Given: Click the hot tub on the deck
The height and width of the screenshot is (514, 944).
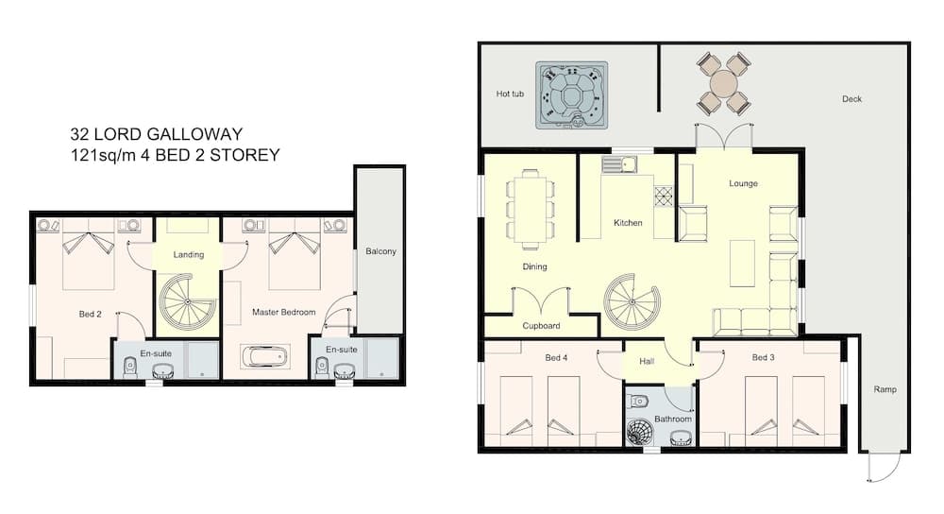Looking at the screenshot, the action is pyautogui.click(x=571, y=95).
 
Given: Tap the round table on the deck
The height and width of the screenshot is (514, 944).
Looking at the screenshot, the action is pyautogui.click(x=723, y=84).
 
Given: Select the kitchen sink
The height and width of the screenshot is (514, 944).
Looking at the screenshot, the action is pyautogui.click(x=619, y=164).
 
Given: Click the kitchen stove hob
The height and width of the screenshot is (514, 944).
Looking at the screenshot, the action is pyautogui.click(x=664, y=197).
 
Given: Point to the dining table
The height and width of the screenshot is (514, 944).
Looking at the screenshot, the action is pyautogui.click(x=530, y=208).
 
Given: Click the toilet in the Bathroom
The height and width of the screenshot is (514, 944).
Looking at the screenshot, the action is pyautogui.click(x=638, y=400).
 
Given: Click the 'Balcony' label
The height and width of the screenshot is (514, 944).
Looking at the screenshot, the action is pyautogui.click(x=381, y=251).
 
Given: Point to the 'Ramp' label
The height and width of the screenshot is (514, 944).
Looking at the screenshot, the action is pyautogui.click(x=885, y=389).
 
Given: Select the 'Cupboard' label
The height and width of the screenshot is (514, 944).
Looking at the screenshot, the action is pyautogui.click(x=541, y=325).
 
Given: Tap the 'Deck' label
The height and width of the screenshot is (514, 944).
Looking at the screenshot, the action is pyautogui.click(x=851, y=99).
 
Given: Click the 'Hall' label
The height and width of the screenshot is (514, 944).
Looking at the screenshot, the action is pyautogui.click(x=647, y=362).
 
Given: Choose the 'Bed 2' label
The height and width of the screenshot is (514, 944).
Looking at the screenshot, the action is pyautogui.click(x=91, y=314).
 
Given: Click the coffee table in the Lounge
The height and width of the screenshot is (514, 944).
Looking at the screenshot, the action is pyautogui.click(x=742, y=264).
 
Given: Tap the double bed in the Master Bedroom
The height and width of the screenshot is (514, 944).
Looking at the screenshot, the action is pyautogui.click(x=295, y=253).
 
